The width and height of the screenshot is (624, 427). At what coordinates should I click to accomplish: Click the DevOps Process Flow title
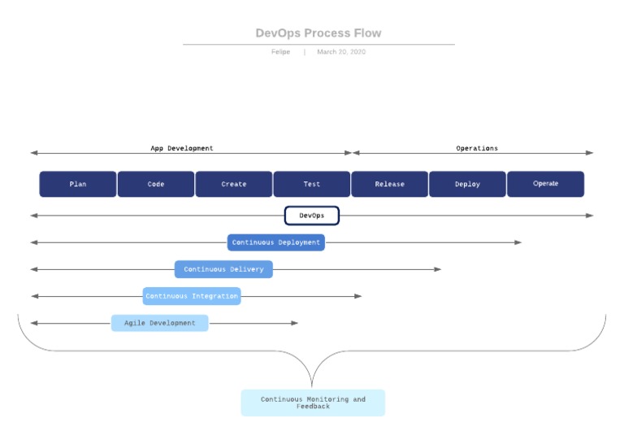click(x=318, y=33)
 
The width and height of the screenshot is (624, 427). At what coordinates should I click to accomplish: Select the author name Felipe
click(x=280, y=52)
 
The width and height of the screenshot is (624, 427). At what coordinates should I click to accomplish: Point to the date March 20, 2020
click(x=341, y=52)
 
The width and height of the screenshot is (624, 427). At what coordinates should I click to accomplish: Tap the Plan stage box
click(x=78, y=184)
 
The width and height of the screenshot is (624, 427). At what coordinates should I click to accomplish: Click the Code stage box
click(x=156, y=184)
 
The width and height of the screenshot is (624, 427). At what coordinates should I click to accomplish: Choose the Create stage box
click(x=234, y=184)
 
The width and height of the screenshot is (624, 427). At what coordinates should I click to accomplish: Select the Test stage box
click(x=312, y=184)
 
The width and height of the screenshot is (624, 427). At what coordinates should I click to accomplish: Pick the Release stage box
click(x=390, y=184)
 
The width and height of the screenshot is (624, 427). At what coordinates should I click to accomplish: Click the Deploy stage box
click(x=467, y=184)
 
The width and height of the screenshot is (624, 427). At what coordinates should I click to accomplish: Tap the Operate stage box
click(x=545, y=184)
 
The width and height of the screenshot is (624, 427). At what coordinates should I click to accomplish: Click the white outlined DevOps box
click(x=311, y=216)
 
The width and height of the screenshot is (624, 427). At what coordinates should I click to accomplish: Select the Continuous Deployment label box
click(x=276, y=242)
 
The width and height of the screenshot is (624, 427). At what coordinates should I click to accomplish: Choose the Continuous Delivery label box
click(x=223, y=269)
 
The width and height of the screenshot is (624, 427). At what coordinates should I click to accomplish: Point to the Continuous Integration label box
click(x=192, y=296)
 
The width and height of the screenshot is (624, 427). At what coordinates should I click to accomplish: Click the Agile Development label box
click(x=159, y=323)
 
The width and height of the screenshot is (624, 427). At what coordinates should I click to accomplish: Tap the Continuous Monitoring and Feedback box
click(x=313, y=403)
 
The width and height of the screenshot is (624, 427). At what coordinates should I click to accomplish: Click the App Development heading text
click(x=182, y=149)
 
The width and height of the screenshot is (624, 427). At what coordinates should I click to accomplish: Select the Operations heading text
click(x=477, y=149)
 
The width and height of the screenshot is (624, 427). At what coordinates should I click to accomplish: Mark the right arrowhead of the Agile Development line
click(x=295, y=323)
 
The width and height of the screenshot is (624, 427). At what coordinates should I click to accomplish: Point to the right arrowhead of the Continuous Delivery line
click(x=438, y=269)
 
